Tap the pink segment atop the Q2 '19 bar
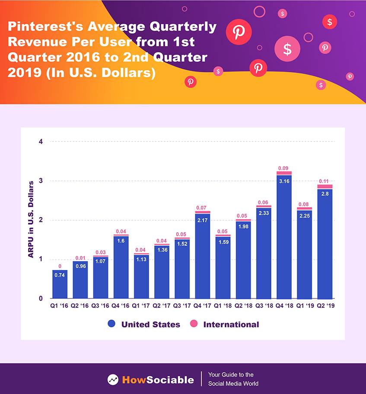(325, 186)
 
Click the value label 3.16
(284, 181)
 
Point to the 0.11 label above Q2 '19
(325, 181)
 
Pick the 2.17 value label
(203, 221)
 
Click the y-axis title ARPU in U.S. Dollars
(31, 220)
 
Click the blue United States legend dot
(111, 324)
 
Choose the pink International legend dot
(194, 324)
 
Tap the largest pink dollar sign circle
(287, 48)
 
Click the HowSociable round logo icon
(113, 380)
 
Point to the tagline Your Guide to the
(231, 375)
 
